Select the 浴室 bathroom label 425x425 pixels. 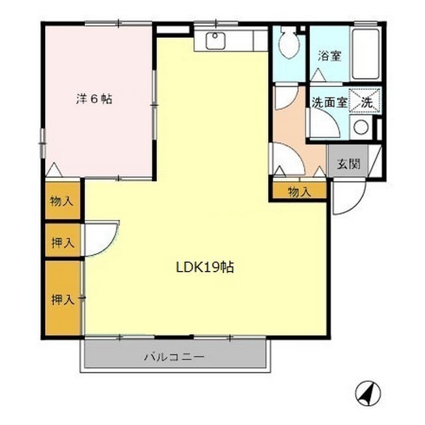click(330, 56)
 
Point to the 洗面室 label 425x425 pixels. click(329, 103)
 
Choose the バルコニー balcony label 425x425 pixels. click(175, 357)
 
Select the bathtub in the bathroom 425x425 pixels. click(365, 54)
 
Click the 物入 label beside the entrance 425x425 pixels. click(299, 192)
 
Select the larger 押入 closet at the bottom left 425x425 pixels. click(62, 299)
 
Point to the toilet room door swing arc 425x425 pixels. click(286, 98)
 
